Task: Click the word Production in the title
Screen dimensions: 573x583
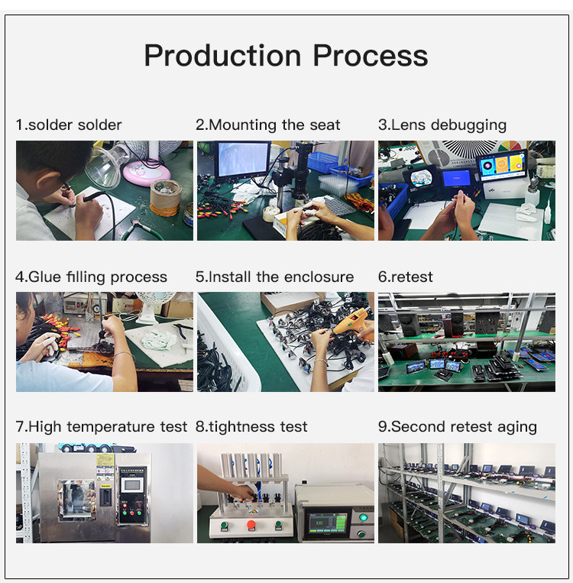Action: click(222, 56)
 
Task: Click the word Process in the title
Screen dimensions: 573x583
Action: click(371, 56)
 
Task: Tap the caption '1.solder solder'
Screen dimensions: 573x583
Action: click(69, 125)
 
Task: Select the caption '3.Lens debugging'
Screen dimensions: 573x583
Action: click(442, 125)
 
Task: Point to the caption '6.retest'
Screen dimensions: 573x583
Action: click(406, 277)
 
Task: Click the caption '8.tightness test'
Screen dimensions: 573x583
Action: click(251, 426)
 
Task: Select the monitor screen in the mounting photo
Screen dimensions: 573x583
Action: click(242, 160)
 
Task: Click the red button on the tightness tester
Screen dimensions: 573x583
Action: click(251, 525)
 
